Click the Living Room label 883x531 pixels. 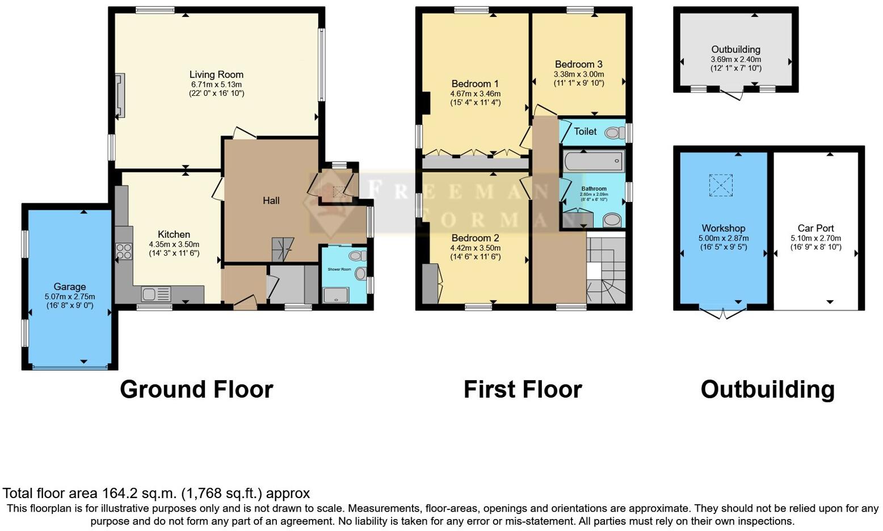216,74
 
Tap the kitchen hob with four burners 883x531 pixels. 123,251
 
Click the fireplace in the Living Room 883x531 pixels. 120,96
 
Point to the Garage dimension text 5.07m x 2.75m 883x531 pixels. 70,297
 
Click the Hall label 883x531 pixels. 271,200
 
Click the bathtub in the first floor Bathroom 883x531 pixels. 594,161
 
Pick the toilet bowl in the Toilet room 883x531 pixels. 612,133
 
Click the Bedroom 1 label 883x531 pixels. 475,83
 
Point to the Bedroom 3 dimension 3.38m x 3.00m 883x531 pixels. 579,74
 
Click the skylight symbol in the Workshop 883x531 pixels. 721,186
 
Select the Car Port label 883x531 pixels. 815,228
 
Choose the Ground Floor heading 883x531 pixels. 196,390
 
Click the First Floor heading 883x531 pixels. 523,390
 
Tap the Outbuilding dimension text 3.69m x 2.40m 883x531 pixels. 735,60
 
